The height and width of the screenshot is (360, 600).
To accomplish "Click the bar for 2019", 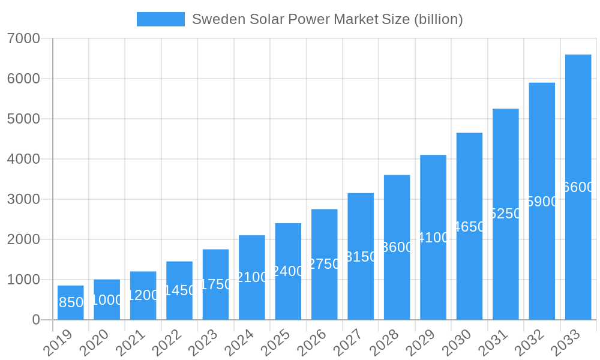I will (71, 302).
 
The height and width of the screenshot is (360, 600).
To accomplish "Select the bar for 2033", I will (578, 187).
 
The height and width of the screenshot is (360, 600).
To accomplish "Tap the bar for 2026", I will (325, 264).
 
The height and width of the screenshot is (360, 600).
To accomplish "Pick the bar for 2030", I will (469, 226).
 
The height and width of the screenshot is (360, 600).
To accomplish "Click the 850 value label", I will (71, 302).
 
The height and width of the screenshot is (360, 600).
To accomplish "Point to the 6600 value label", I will (578, 187).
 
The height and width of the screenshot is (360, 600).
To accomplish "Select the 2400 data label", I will (288, 271).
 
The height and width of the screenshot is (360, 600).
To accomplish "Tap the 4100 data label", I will (433, 238).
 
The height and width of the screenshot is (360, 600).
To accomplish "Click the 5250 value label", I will (506, 214).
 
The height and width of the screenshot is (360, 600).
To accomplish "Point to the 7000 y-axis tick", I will (23, 38).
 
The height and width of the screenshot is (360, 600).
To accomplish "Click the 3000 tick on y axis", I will (23, 199).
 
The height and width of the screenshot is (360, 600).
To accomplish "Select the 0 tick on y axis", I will (36, 320).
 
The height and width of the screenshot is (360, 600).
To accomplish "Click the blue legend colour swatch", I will (161, 19).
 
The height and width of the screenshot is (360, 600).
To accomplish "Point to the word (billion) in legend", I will (439, 19).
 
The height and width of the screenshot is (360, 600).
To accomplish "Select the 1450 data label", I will (179, 290).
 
